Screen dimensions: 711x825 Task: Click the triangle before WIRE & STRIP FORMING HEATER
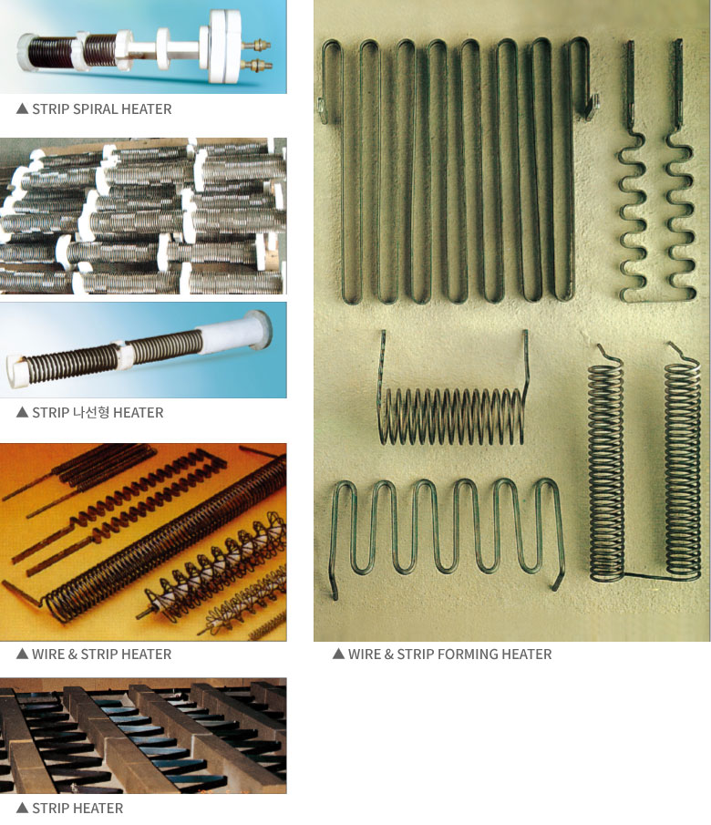point(338,654)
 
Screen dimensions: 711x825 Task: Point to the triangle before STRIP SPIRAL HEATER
point(22,108)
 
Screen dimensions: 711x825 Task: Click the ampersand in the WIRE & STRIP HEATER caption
point(73,654)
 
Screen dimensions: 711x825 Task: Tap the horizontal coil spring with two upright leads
point(453,400)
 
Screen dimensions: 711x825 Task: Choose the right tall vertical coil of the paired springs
point(683,463)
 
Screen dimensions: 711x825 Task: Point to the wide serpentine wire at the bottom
point(448,526)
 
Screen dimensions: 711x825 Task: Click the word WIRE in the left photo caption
point(48,654)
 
